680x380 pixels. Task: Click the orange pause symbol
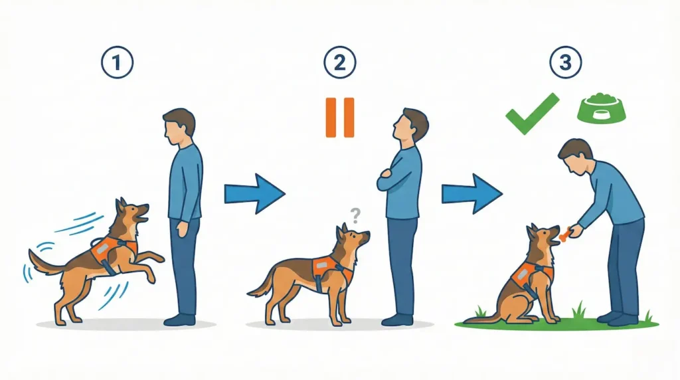coord(340,118)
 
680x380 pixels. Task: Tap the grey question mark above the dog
coord(356,214)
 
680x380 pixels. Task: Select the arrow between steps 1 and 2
coord(254,193)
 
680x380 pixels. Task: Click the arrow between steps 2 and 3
coord(472,193)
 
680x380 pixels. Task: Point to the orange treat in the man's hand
coord(564,234)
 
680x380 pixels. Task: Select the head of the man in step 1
coord(179,126)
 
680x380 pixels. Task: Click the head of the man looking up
coord(411,125)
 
